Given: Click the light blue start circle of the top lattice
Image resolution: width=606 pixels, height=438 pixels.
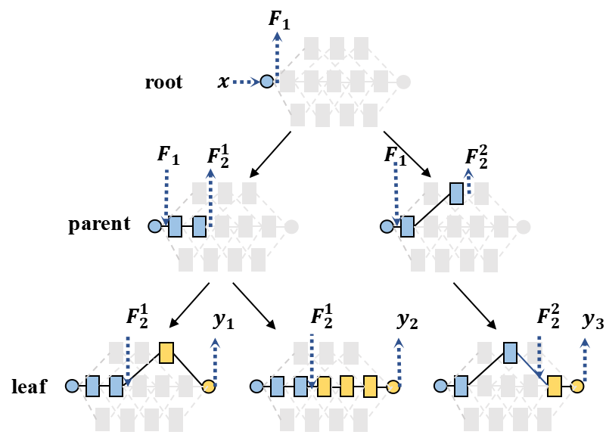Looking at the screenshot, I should [x=267, y=82].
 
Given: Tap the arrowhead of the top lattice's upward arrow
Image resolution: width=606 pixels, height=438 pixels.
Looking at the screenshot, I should [x=278, y=36].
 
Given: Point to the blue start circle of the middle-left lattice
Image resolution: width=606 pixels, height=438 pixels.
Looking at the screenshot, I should [x=155, y=226].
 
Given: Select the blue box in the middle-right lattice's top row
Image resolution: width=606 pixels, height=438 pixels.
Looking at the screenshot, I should [x=456, y=194].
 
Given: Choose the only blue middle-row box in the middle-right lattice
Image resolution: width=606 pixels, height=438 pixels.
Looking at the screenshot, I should [x=408, y=227].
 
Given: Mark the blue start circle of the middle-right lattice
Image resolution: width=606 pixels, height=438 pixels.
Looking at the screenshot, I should [x=387, y=226].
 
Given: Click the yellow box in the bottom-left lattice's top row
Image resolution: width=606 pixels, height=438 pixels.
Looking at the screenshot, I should [x=166, y=353].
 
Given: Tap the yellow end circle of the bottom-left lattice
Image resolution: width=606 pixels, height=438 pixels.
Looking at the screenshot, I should [x=208, y=387].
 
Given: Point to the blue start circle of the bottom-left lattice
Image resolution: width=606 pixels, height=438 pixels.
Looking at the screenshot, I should [x=72, y=386].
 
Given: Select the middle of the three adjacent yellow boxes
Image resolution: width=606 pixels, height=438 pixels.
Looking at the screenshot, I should [x=347, y=387].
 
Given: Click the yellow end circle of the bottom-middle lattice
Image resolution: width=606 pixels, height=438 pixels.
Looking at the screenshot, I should [x=393, y=387].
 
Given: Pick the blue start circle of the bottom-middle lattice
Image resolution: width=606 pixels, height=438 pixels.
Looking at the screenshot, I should [x=256, y=386].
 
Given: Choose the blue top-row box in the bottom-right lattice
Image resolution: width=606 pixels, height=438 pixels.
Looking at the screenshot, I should [x=510, y=353].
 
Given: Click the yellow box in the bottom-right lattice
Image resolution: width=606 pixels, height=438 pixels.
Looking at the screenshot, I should [x=555, y=386].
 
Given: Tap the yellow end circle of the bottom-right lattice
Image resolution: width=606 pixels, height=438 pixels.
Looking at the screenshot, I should [x=577, y=387].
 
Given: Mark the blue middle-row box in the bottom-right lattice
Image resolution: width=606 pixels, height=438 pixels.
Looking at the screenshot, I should [x=461, y=386].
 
